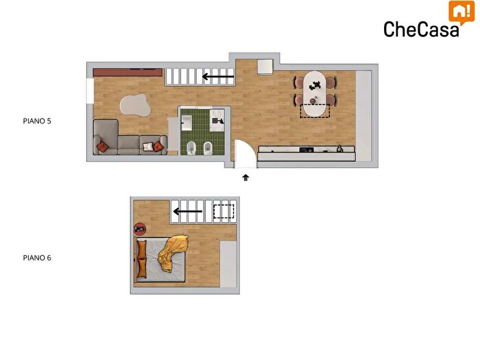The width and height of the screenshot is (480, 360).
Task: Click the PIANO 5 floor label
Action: coord(37,121)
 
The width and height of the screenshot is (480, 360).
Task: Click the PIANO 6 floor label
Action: coord(37,258)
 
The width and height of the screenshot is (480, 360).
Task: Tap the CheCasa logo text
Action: coord(421,29)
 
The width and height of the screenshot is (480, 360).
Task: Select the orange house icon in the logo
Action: coord(461,12)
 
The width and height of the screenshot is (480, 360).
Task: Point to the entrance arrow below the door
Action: coord(245,178)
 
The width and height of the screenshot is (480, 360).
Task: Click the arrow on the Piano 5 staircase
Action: coord(218,77)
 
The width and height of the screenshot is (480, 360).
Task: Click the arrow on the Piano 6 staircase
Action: coord(188,211)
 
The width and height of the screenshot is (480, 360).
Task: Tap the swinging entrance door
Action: coord(245,154)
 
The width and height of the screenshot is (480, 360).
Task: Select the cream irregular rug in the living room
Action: coord(135,106)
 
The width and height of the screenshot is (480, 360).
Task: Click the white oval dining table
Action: coord(315,94)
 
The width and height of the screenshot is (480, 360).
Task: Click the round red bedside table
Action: coord(140,228)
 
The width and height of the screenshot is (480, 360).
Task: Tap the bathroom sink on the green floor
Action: coord(187,123)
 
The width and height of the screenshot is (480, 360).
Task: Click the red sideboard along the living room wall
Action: coord(128,73)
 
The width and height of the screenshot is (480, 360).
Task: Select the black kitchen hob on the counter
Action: coord(307,149)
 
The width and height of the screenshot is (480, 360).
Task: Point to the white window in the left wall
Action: coord(90,91)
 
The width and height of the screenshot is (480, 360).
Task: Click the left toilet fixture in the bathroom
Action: coord(191,148)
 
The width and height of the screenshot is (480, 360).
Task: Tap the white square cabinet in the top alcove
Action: coord(265,67)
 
